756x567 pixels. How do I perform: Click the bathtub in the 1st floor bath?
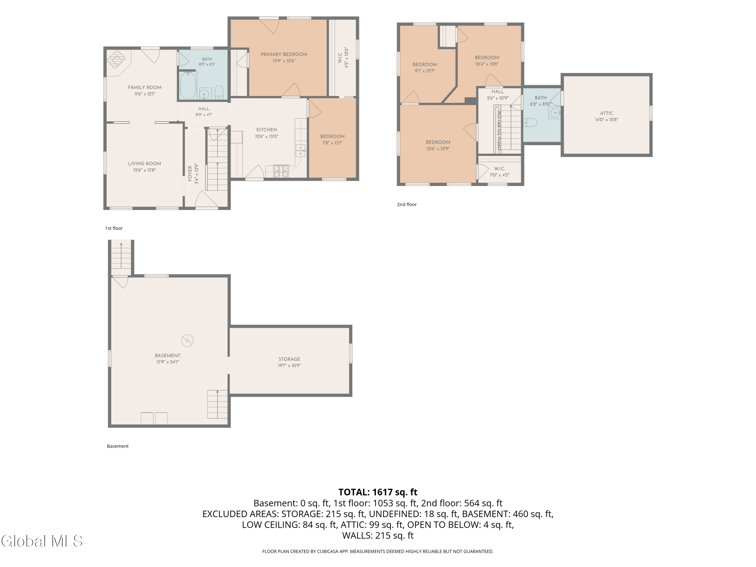(188, 85)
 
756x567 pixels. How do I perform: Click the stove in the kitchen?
(281, 171)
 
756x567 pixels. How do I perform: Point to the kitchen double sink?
(300, 150)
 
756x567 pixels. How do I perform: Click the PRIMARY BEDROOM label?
(284, 54)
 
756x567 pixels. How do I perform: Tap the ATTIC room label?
(606, 113)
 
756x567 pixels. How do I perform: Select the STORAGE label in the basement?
(289, 359)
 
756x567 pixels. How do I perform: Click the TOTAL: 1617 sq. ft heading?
(378, 492)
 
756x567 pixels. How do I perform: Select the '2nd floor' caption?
(407, 204)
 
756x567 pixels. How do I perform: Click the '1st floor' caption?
(114, 228)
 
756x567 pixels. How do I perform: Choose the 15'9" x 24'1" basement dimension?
(168, 362)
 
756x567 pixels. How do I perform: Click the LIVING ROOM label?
(145, 164)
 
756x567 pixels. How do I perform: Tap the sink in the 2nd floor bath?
(554, 112)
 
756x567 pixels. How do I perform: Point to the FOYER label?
(190, 174)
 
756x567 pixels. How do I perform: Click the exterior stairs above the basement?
(121, 258)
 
